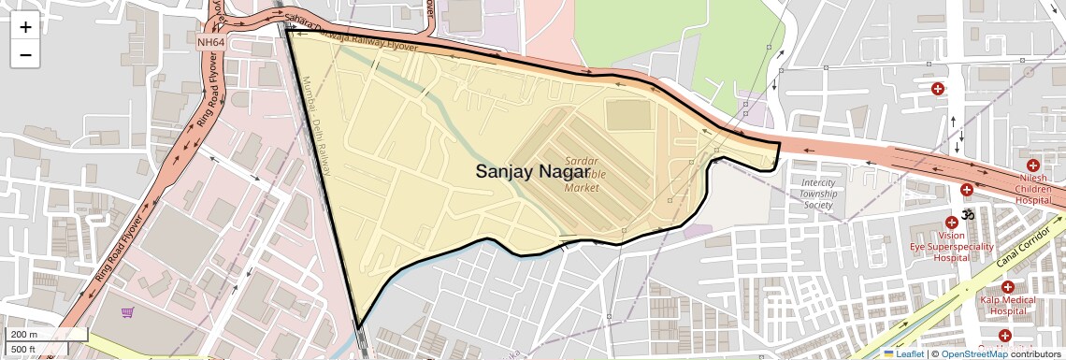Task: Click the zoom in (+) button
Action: [x=25, y=27]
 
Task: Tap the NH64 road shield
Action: [x=210, y=42]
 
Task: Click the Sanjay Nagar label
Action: [x=532, y=171]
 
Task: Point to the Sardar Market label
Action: [x=582, y=175]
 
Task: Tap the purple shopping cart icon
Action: [x=127, y=312]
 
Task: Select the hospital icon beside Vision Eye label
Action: [x=951, y=223]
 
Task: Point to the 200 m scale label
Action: [x=24, y=335]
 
